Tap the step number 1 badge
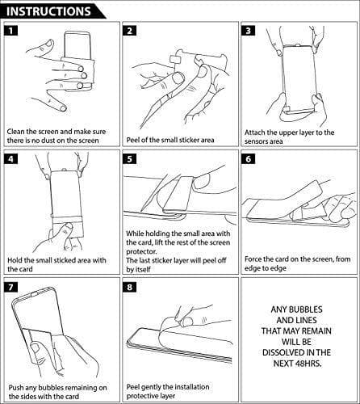(x=10, y=31)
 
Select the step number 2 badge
(x=129, y=31)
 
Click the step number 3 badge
(x=248, y=31)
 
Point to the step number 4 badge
(x=10, y=159)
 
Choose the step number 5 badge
(x=129, y=159)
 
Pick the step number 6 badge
(x=248, y=159)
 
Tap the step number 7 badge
(x=10, y=287)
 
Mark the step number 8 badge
(x=129, y=287)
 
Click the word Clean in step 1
(x=15, y=132)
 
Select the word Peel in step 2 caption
(x=133, y=140)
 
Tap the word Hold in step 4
(x=15, y=260)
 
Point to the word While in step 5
(x=135, y=234)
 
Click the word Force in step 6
(x=253, y=259)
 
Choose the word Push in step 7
(x=15, y=388)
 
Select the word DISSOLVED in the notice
(x=281, y=353)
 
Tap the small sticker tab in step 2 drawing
(x=175, y=61)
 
